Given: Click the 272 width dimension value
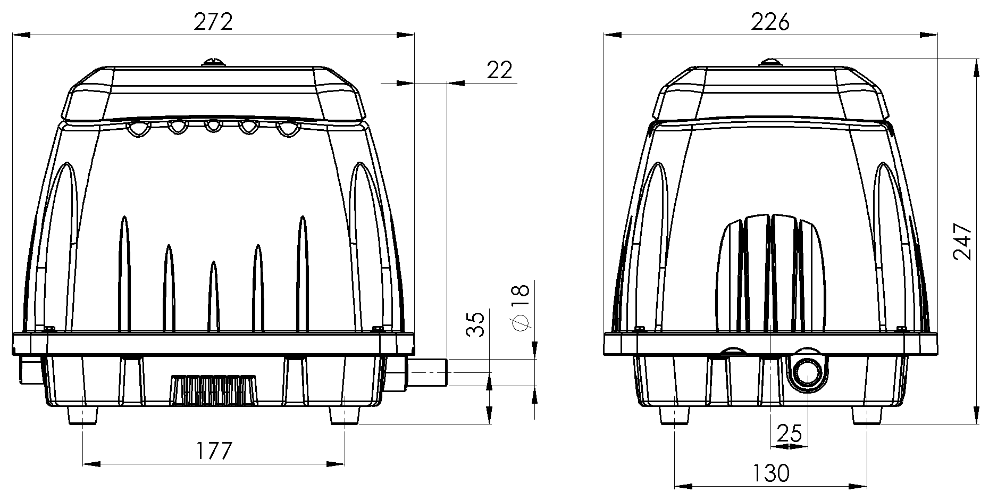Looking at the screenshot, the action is [213, 22].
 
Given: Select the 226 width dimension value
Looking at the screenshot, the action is [770, 22].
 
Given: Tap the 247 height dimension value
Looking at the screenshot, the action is [962, 241].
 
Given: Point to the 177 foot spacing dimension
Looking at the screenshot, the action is [214, 451].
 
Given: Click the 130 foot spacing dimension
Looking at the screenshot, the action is [770, 472].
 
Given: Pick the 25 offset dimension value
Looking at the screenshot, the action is [789, 434].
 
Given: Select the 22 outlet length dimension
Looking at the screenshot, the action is [499, 70].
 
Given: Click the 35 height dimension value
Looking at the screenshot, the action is [475, 324].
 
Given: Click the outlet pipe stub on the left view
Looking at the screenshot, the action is [427, 372].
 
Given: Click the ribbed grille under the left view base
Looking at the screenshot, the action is [213, 390].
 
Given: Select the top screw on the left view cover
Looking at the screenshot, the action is [213, 62].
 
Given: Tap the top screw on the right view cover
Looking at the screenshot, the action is [771, 62].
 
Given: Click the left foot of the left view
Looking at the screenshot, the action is [83, 415].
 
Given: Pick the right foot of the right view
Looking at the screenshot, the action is [868, 415].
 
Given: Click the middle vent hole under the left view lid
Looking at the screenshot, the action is [213, 126].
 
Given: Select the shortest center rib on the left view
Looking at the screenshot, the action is [213, 296].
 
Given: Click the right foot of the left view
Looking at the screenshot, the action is [345, 415].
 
